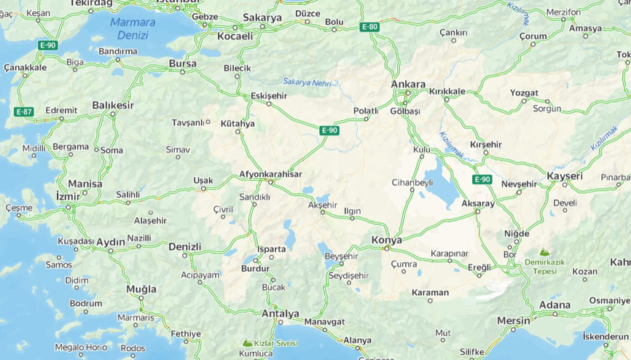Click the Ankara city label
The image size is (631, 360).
408,84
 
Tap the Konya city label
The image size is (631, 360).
386,240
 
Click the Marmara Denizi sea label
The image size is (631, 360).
132,28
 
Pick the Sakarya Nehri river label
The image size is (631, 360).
307,83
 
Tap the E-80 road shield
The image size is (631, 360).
369,27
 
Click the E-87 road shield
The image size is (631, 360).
23,111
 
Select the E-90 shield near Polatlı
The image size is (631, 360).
329,130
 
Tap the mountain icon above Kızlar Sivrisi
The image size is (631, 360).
248,342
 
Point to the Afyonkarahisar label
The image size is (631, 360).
270,174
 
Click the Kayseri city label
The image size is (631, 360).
564,176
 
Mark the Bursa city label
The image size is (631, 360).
182,63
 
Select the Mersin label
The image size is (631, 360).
514,320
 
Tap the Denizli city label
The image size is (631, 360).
184,246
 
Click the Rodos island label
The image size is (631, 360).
133,348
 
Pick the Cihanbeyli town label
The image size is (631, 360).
412,182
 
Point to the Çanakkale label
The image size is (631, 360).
25,67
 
